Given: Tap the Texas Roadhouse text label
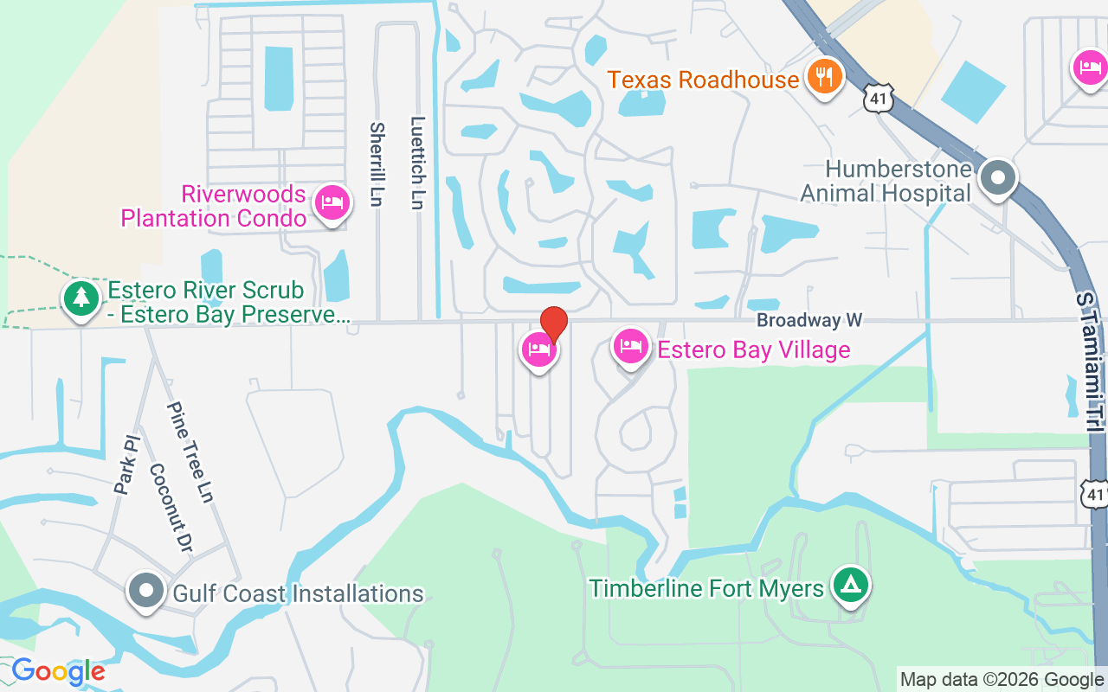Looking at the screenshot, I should tap(703, 80).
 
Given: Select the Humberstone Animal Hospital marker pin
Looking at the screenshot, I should tap(998, 178).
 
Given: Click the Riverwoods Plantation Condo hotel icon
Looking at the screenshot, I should tap(332, 203).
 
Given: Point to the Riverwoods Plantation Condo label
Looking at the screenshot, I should tap(213, 206).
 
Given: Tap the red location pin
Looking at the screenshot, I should tap(553, 324).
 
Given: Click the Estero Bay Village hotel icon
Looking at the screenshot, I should tap(631, 348).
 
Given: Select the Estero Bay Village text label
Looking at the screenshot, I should tap(754, 349).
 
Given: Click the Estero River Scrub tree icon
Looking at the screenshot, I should tap(81, 298).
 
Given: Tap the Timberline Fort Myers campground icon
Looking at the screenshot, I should tap(850, 586).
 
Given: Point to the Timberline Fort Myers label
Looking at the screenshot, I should tap(706, 589).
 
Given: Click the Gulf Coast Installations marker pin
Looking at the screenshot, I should tap(146, 592).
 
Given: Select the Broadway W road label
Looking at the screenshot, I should tap(809, 320).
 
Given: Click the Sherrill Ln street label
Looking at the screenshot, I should tap(377, 164).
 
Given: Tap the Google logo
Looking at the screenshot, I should tap(59, 671).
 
